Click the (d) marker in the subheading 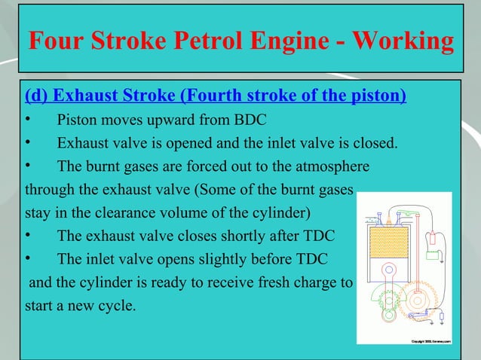pyautogui.click(x=38, y=96)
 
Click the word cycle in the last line pyautogui.click(x=112, y=307)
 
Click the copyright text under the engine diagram pyautogui.click(x=430, y=343)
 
